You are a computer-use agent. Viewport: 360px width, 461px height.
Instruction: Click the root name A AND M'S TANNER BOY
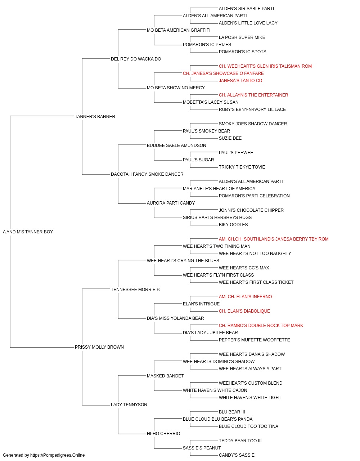pos(28,232)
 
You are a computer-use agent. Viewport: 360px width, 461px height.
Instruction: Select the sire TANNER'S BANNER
pos(95,117)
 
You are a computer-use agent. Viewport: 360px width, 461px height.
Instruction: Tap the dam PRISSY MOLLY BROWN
pos(99,347)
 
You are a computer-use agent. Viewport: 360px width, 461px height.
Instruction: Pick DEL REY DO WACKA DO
pos(136,59)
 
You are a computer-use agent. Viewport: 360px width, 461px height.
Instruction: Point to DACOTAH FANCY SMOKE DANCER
pos(147,174)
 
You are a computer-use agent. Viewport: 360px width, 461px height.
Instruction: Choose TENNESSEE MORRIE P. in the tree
pos(135,289)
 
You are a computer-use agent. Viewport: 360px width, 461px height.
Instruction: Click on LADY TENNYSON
pos(129,404)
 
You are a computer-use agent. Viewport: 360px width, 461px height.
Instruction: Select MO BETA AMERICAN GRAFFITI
pos(179,30)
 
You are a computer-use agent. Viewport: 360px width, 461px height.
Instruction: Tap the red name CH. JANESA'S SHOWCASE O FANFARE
pos(223,73)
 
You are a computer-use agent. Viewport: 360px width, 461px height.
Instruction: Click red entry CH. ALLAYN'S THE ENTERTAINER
pos(253,95)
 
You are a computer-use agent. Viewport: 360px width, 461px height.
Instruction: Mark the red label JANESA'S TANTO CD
pos(240,81)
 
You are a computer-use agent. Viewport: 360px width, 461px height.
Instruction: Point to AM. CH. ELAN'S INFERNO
pos(245,296)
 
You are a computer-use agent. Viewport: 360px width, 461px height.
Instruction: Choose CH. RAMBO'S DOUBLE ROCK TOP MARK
pos(261,326)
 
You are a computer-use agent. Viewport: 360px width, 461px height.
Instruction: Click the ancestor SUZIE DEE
pos(230,138)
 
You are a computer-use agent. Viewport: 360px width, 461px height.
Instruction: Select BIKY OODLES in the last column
pos(233,225)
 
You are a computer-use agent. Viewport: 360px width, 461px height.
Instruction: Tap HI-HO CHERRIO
pos(163,433)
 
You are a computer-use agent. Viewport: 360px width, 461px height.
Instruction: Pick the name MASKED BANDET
pos(165,376)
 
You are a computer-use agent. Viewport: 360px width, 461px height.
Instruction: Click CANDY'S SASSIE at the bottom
pos(237,455)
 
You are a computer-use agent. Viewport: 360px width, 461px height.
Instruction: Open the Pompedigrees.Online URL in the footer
pos(58,455)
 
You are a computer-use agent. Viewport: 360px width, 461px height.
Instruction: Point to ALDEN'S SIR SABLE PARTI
pos(246,9)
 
